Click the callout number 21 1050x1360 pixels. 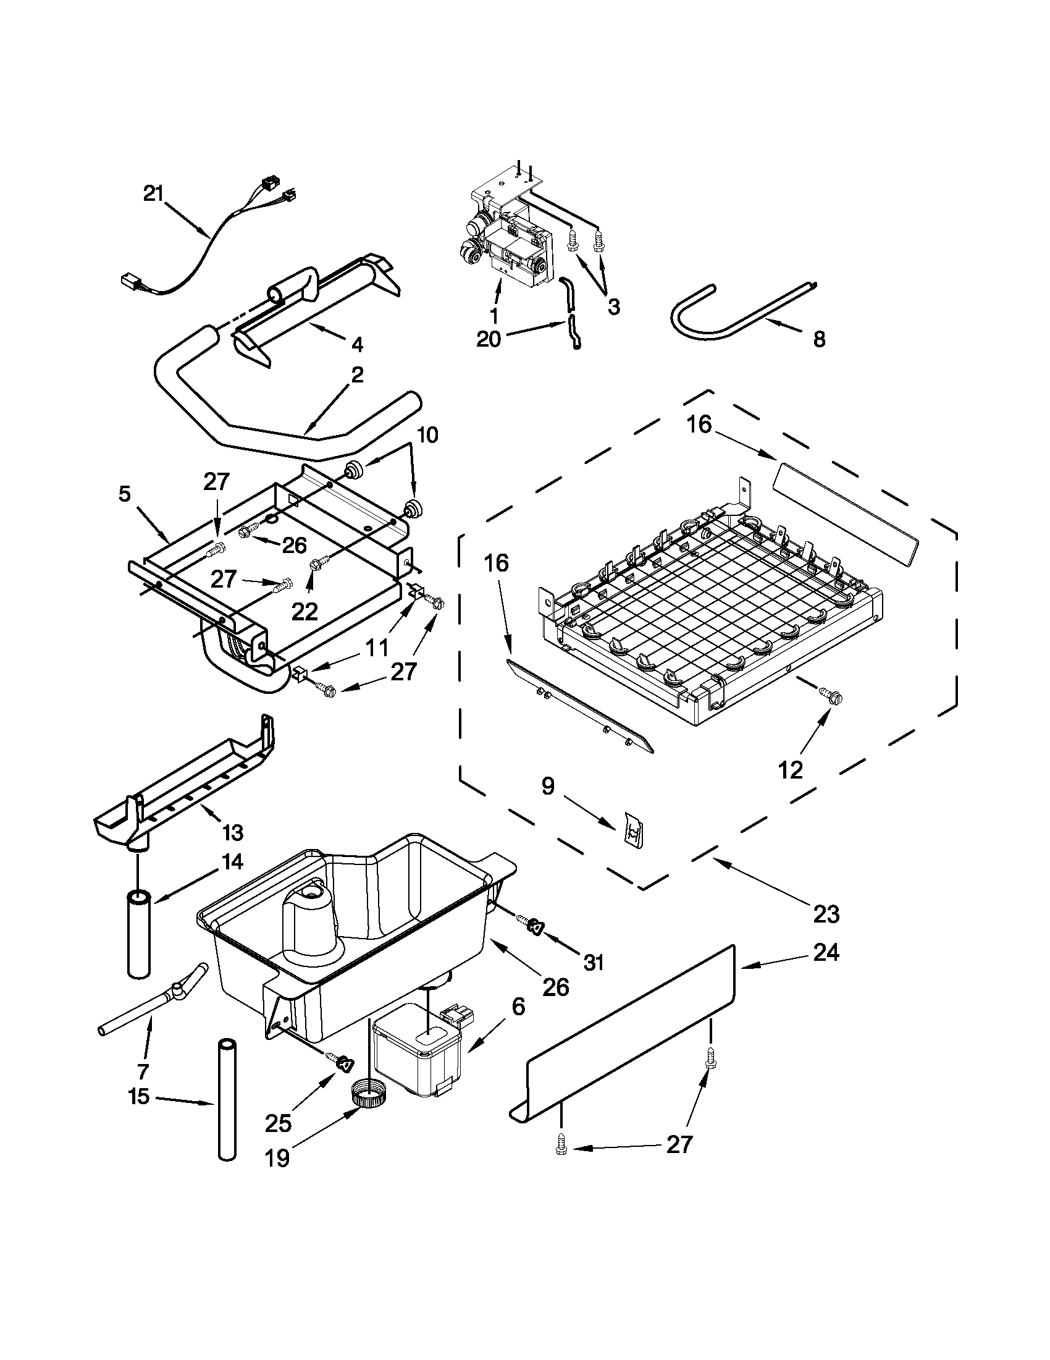click(153, 193)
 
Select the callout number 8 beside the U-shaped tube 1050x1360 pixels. click(819, 339)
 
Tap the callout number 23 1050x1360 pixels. click(826, 914)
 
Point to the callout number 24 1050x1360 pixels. click(826, 952)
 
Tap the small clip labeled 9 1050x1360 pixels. click(632, 831)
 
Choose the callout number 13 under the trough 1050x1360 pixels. click(233, 832)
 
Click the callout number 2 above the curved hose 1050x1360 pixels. click(357, 375)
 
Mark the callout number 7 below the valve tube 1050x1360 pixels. click(143, 1071)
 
